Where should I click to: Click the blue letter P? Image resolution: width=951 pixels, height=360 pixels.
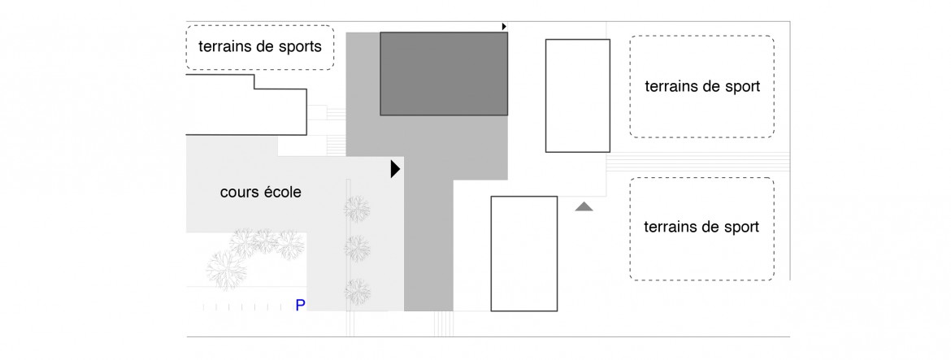click(300, 306)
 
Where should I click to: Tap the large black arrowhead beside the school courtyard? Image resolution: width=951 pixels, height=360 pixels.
click(396, 169)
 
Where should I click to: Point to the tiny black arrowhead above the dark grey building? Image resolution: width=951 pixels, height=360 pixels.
click(504, 27)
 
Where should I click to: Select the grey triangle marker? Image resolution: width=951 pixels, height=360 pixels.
click(584, 206)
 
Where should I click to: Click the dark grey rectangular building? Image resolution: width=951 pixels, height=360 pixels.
click(444, 73)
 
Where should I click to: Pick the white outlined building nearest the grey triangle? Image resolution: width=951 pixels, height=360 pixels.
click(524, 254)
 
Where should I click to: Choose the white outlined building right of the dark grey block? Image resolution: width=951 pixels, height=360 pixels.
click(577, 96)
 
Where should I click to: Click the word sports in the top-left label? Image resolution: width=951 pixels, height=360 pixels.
click(298, 46)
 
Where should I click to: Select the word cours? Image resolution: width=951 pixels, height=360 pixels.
click(238, 193)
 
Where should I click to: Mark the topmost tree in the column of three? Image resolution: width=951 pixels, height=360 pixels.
click(357, 209)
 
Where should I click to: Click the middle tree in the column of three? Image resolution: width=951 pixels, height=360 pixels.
click(357, 249)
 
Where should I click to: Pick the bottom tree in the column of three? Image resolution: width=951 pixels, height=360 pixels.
click(357, 292)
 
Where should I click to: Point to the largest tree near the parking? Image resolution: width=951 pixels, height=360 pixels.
click(226, 270)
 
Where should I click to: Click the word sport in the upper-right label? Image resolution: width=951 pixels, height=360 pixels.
click(742, 87)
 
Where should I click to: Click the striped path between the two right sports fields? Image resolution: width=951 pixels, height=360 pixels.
click(698, 161)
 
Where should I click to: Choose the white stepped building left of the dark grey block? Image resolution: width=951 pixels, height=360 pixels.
click(245, 104)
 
